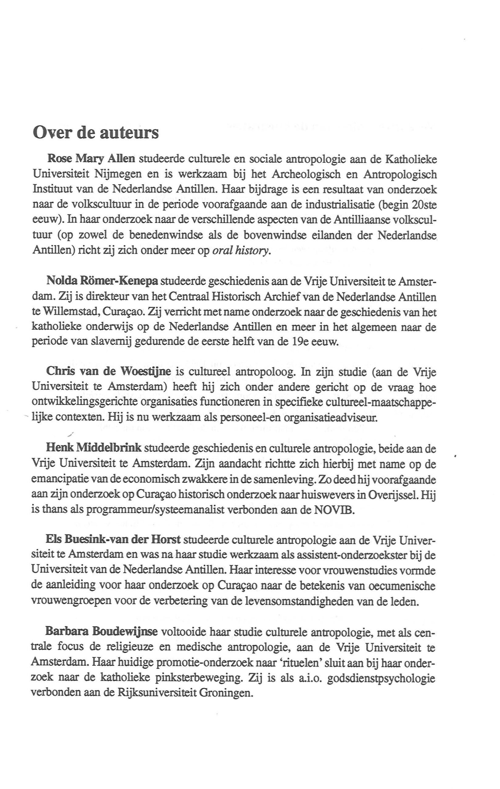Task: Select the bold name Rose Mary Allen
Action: (x=91, y=159)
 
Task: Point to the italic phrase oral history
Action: (x=242, y=251)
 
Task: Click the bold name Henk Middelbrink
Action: (x=94, y=448)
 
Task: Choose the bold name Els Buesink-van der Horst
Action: (x=113, y=540)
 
